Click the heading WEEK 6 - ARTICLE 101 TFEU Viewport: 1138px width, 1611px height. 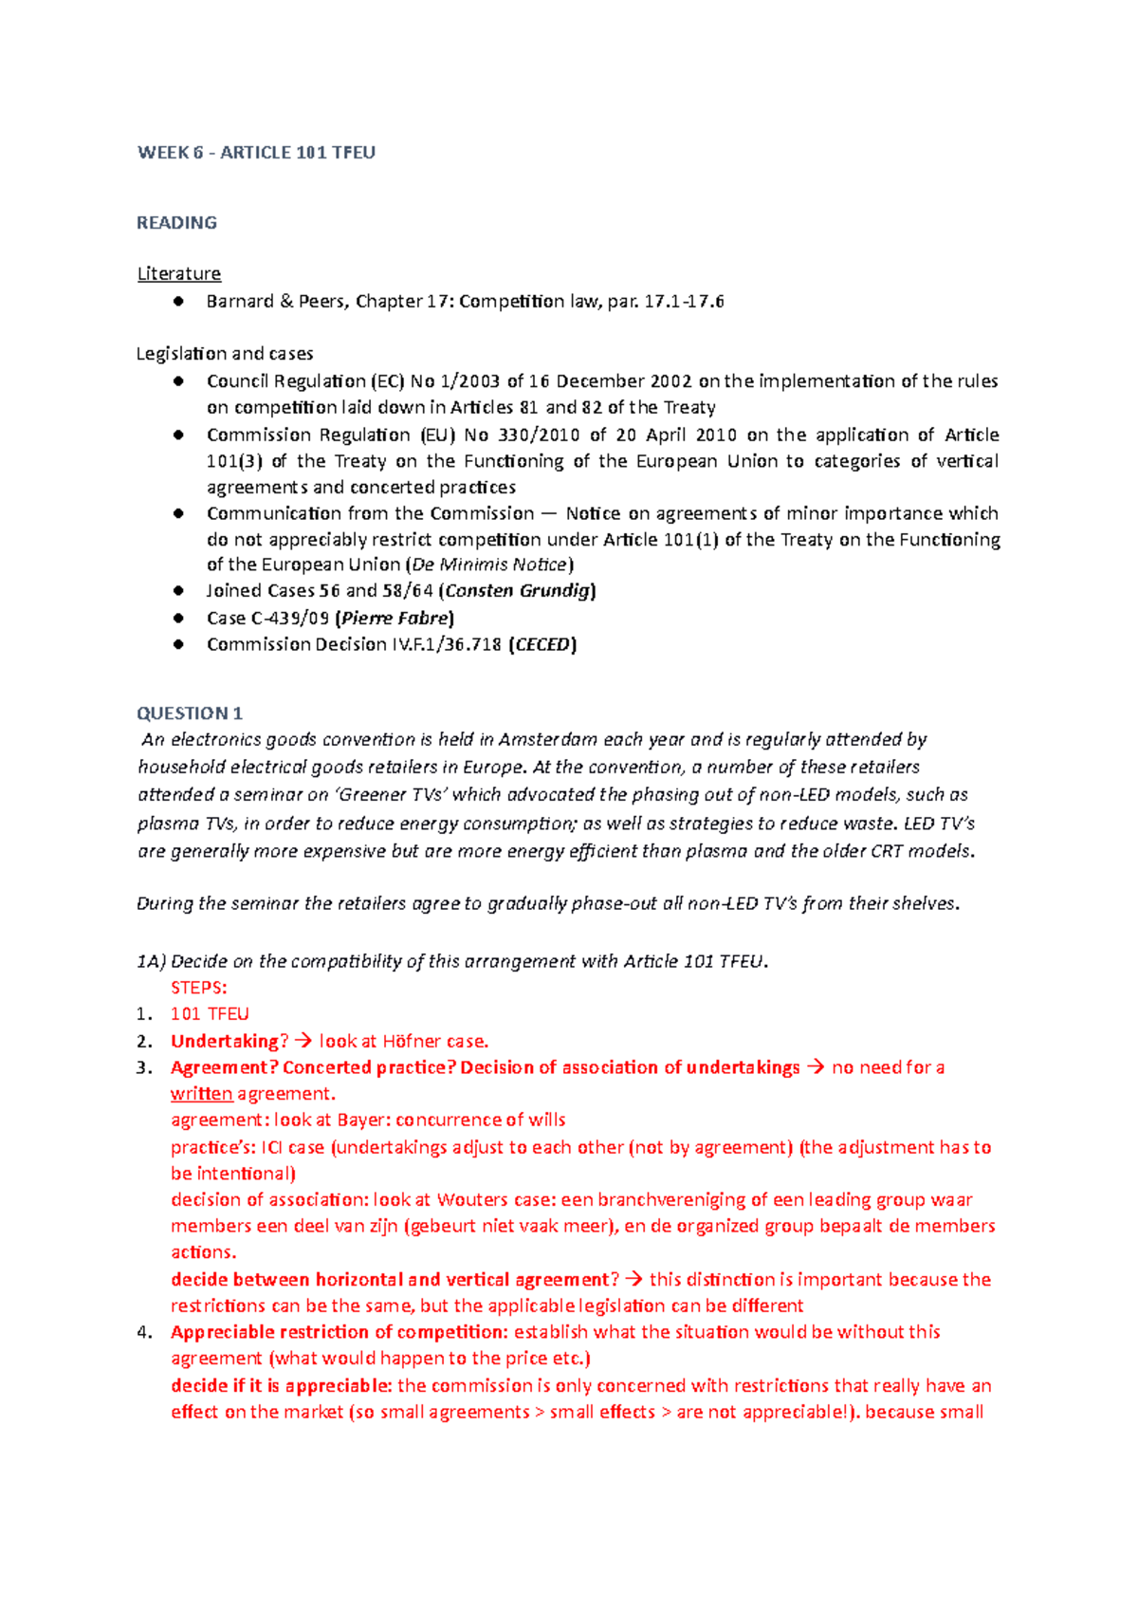coord(256,153)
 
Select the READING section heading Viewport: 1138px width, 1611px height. coord(176,223)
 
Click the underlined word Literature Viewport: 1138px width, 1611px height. coord(178,274)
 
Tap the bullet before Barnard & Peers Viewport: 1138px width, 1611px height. coord(177,302)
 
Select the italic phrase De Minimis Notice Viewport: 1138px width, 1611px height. coord(489,565)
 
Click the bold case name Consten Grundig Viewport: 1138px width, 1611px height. coord(520,591)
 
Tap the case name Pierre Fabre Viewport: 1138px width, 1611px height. coord(395,619)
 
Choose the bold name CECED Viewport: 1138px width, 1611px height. coord(543,645)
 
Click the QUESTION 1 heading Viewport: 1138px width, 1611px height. coord(190,713)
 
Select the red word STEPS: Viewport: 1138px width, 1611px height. coord(198,988)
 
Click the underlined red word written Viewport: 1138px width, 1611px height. coord(201,1094)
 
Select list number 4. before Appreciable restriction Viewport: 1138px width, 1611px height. coord(144,1333)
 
